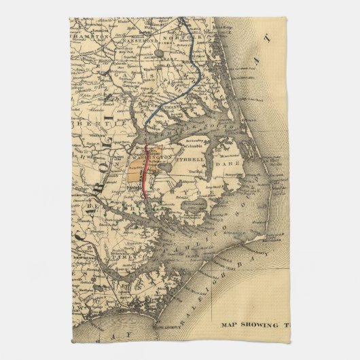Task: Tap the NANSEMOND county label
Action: point(139,42)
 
